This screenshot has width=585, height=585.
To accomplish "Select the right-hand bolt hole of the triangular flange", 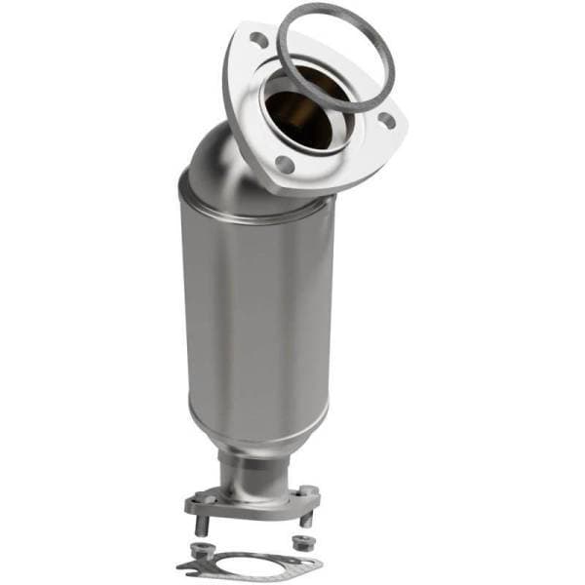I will coord(386,121).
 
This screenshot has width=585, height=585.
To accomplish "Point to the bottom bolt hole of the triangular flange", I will coord(284,165).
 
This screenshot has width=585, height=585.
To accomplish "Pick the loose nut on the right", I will coord(301,541).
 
